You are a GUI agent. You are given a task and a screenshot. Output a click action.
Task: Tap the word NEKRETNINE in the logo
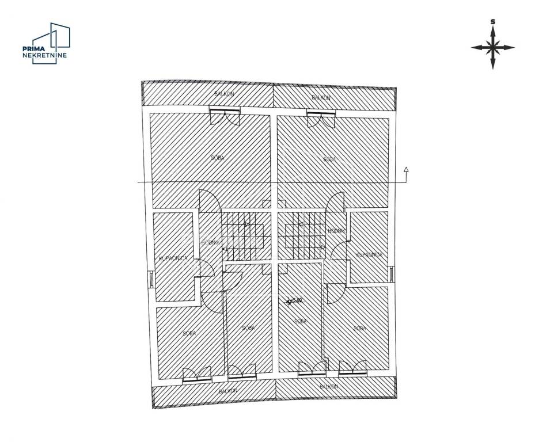44,55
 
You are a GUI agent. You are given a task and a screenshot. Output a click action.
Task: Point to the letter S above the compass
492,22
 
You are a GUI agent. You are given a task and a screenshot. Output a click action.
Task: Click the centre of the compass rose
492,48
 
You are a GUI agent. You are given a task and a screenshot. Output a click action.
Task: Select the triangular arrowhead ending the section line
407,170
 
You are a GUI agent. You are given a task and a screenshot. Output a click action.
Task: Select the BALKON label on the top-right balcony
321,98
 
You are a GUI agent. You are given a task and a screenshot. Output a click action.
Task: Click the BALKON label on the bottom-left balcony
229,390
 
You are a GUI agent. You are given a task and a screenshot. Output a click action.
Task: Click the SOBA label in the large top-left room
218,157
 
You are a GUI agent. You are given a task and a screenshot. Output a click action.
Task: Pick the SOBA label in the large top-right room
329,159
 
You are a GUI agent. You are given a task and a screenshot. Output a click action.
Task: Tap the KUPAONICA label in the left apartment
173,258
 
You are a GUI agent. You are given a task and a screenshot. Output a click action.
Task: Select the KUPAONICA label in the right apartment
369,254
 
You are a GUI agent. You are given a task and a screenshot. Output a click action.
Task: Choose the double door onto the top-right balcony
321,119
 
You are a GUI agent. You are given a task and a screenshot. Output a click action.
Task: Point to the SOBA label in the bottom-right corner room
359,328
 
